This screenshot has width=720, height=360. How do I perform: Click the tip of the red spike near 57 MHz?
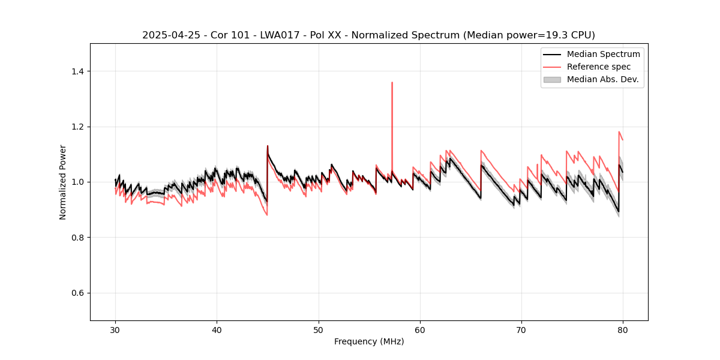click(392, 82)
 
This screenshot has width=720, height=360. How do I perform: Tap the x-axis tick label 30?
click(115, 330)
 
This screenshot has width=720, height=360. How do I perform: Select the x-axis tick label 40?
click(217, 330)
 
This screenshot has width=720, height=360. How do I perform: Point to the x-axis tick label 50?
click(319, 330)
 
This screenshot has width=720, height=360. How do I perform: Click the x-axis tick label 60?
click(420, 330)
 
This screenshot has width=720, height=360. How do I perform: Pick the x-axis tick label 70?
click(521, 330)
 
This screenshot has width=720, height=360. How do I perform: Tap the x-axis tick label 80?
click(623, 330)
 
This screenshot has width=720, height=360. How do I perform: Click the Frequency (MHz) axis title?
click(369, 341)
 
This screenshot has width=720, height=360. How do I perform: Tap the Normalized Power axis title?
click(63, 182)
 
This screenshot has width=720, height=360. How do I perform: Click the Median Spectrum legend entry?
click(603, 54)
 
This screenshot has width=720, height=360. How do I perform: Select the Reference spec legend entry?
click(598, 67)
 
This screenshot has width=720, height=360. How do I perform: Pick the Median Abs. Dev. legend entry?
click(602, 79)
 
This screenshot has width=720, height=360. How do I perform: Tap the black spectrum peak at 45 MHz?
click(268, 146)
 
